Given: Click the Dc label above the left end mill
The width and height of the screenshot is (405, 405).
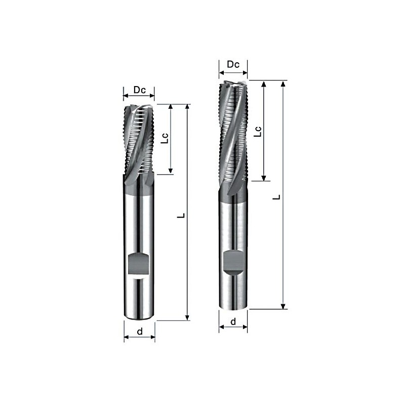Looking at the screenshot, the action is pos(140,90).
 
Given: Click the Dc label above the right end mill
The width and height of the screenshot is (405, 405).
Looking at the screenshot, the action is pos(233,64).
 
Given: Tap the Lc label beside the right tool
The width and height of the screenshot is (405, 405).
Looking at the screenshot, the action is pos(258,132).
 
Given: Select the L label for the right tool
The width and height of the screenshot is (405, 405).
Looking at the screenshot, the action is pos(276,197).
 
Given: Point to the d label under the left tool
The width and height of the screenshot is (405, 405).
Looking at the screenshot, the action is pos(140,331).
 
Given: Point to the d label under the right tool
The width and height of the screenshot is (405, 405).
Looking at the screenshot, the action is pos(233,321).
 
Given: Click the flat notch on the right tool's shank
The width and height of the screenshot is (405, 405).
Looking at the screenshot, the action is pos(233,262).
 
